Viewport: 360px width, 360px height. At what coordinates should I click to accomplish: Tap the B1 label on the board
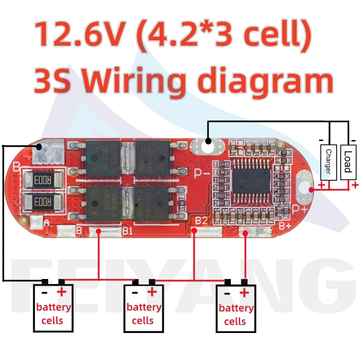[x=127, y=231]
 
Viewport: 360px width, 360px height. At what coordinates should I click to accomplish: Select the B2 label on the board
[x=201, y=221]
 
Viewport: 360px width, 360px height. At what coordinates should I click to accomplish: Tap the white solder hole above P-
[x=207, y=142]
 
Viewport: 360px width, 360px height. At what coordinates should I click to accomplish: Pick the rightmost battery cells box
[x=236, y=309]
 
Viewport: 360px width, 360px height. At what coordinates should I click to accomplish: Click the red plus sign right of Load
[x=355, y=185]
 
